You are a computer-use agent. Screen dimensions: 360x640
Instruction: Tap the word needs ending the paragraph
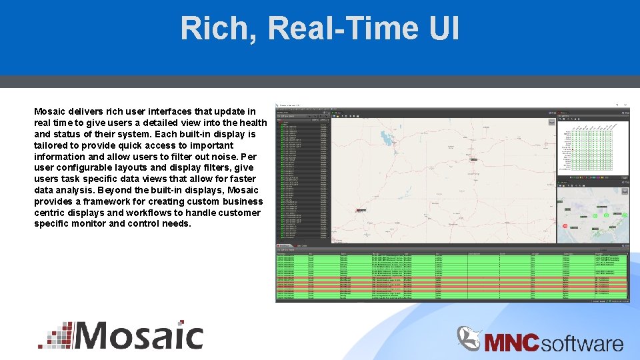pyautogui.click(x=176, y=224)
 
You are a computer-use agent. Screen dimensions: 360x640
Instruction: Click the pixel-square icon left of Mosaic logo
pyautogui.click(x=55, y=335)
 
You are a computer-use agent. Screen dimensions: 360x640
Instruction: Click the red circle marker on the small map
pyautogui.click(x=565, y=226)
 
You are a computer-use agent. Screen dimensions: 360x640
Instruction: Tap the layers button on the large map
pyautogui.click(x=551, y=121)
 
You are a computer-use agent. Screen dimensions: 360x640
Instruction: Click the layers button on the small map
pyautogui.click(x=625, y=191)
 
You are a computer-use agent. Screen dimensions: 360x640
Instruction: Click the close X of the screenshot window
pyautogui.click(x=626, y=105)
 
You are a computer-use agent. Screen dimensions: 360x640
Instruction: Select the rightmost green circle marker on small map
pyautogui.click(x=625, y=215)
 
